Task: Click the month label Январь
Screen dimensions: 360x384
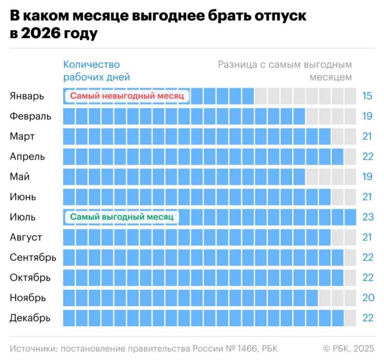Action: pyautogui.click(x=27, y=96)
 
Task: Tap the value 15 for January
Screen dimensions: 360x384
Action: pyautogui.click(x=367, y=96)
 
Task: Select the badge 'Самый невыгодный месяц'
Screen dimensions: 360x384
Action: pyautogui.click(x=127, y=96)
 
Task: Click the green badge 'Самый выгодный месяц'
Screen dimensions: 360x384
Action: pyautogui.click(x=122, y=217)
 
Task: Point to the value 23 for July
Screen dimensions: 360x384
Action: pyautogui.click(x=368, y=217)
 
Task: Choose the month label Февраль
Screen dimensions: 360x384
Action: pyautogui.click(x=30, y=116)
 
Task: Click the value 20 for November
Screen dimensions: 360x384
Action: pyautogui.click(x=368, y=297)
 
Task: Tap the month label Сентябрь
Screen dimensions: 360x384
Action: pyautogui.click(x=33, y=257)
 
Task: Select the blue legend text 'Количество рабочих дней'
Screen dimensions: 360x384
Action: pyautogui.click(x=96, y=71)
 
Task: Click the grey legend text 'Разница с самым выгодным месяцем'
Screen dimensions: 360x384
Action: pyautogui.click(x=285, y=71)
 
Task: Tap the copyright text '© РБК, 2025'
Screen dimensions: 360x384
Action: pyautogui.click(x=348, y=349)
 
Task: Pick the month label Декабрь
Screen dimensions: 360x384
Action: pyautogui.click(x=30, y=318)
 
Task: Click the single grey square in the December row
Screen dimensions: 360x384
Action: pyautogui.click(x=350, y=318)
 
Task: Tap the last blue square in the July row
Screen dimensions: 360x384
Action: pyautogui.click(x=350, y=217)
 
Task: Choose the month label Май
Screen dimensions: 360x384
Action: pyautogui.click(x=20, y=176)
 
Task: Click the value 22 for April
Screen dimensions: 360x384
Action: pyautogui.click(x=368, y=156)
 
